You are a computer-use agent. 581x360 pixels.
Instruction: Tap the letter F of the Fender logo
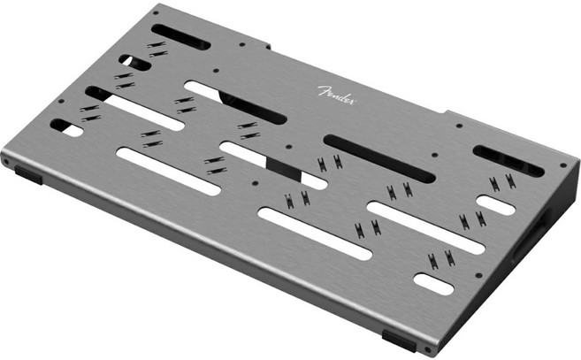coord(325,92)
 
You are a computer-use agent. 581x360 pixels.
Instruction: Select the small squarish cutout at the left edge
coord(66,128)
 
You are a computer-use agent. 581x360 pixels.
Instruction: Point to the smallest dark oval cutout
coord(134,63)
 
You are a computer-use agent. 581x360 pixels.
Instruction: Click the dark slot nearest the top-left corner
coord(180,36)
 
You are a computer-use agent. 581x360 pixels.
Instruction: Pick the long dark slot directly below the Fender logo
coord(378,158)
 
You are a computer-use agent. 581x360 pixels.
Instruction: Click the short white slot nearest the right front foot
coord(433,284)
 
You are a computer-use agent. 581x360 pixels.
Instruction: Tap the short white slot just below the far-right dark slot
coord(495,205)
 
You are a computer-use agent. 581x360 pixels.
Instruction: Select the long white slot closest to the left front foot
coord(167,171)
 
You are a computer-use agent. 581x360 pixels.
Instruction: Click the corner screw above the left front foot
coord(7,163)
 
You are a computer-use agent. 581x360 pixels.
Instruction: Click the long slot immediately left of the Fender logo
coord(235,103)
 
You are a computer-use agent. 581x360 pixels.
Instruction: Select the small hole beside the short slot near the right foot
coord(478,275)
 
